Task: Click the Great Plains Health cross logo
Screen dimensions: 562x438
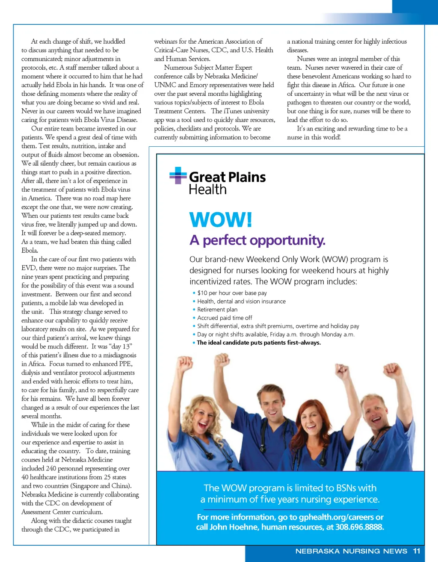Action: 178,175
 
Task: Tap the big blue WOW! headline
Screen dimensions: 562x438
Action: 221,220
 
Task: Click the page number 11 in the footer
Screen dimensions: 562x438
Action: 417,551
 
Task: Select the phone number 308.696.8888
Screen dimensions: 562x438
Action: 360,527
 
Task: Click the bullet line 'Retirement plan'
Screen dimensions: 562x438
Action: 217,309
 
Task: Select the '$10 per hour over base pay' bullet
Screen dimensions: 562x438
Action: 232,293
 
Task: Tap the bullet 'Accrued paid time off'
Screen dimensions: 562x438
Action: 225,318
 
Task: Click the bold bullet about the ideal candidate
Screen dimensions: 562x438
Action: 258,343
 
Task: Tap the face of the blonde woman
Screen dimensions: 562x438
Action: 209,407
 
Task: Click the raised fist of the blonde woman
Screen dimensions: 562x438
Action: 185,363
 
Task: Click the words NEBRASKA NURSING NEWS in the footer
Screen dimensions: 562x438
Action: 351,551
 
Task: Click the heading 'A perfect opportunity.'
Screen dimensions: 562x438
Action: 257,240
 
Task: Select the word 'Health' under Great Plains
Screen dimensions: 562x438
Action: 208,189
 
